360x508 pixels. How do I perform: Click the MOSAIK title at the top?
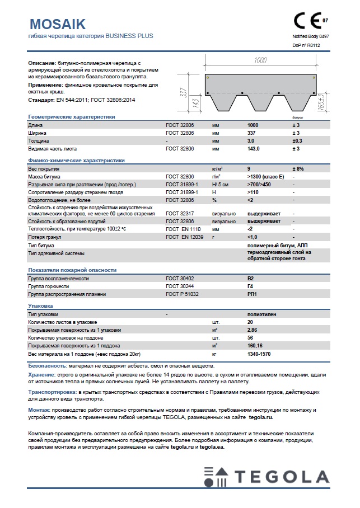click(x=57, y=23)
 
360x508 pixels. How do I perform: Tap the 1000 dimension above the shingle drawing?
click(x=260, y=60)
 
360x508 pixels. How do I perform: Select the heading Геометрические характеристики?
click(x=71, y=117)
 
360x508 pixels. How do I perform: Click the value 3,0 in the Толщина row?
click(x=251, y=141)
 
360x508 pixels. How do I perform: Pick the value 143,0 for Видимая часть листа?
click(x=254, y=149)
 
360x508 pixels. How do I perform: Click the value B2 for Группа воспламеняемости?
click(x=250, y=278)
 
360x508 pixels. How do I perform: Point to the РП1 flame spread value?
click(x=251, y=294)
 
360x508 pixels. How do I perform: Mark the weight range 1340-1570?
click(x=259, y=354)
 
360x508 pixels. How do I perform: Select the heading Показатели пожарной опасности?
click(x=72, y=270)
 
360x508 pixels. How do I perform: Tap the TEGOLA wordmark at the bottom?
click(x=282, y=477)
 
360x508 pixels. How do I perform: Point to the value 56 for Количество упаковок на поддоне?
click(x=250, y=338)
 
